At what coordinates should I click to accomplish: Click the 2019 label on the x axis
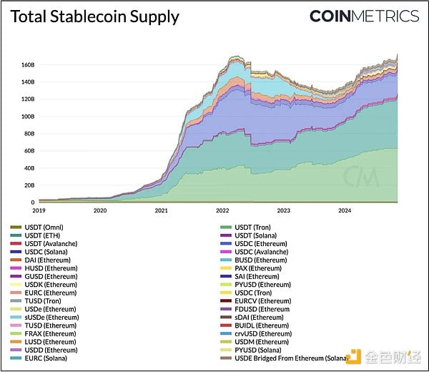point(39,211)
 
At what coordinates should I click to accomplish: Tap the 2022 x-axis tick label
point(222,211)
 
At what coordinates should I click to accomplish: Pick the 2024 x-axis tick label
point(345,211)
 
